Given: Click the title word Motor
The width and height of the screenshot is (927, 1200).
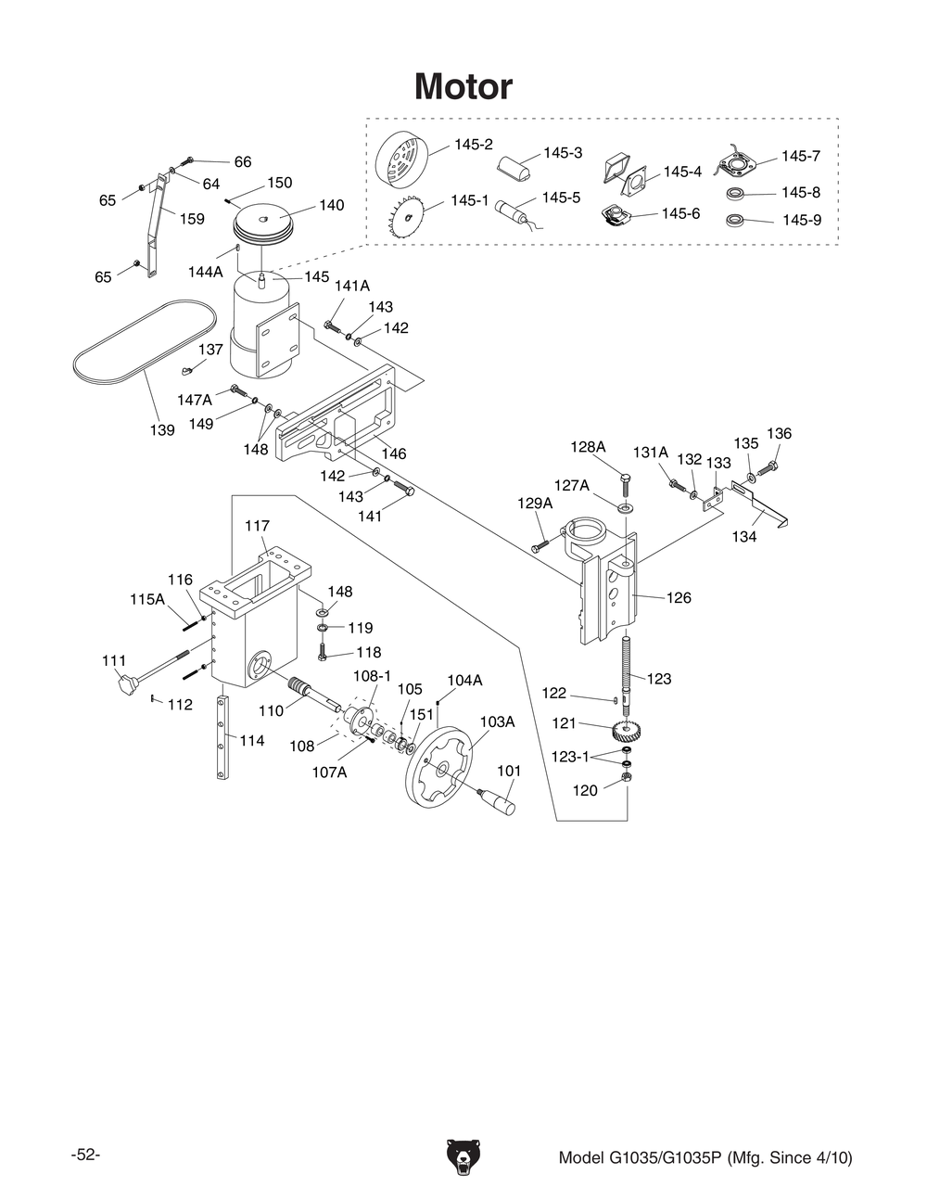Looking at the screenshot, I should (x=463, y=86).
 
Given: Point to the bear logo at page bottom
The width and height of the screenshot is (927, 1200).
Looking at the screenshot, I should (x=463, y=1157).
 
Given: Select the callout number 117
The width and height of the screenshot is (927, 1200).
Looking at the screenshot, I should (x=257, y=526).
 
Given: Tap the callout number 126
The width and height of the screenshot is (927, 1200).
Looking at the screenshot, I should (x=679, y=597).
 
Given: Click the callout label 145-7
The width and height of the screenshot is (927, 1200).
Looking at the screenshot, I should (x=800, y=156).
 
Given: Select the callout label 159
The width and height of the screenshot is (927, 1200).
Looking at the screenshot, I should (x=192, y=219).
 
